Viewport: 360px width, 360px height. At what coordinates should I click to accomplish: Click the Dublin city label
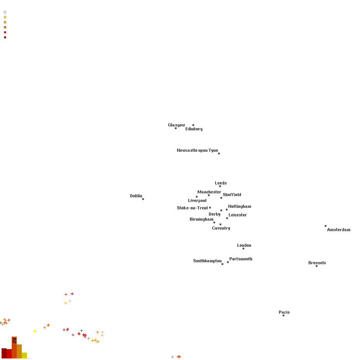(136, 196)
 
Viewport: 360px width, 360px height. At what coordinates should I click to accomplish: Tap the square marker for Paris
(284, 316)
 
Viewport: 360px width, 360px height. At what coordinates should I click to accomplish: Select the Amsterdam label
(339, 230)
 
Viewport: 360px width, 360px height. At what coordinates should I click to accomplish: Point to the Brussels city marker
(317, 266)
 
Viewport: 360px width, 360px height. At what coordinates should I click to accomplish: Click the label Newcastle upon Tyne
(197, 150)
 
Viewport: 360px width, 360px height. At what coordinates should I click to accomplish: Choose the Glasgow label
(176, 125)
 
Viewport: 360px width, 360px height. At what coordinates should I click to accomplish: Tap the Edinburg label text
(194, 129)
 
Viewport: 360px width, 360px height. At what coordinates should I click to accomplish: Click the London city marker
(243, 248)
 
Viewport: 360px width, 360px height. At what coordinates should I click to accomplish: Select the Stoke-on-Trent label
(192, 208)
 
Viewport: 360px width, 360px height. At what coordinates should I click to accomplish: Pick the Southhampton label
(207, 261)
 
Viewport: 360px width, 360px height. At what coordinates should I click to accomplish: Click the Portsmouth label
(241, 259)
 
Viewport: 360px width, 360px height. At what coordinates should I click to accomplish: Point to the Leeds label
(221, 183)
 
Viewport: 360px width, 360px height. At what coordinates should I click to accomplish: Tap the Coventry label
(221, 228)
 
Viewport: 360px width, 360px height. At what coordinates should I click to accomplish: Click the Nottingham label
(240, 206)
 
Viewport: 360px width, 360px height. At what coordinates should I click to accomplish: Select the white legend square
(5, 12)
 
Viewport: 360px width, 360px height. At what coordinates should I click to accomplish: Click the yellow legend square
(5, 17)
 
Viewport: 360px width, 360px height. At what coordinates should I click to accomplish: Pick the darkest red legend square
(5, 37)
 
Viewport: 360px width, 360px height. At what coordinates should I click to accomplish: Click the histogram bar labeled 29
(14, 348)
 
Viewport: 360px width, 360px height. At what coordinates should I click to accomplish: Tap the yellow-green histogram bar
(25, 355)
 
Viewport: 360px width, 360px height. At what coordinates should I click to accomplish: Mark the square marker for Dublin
(143, 199)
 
